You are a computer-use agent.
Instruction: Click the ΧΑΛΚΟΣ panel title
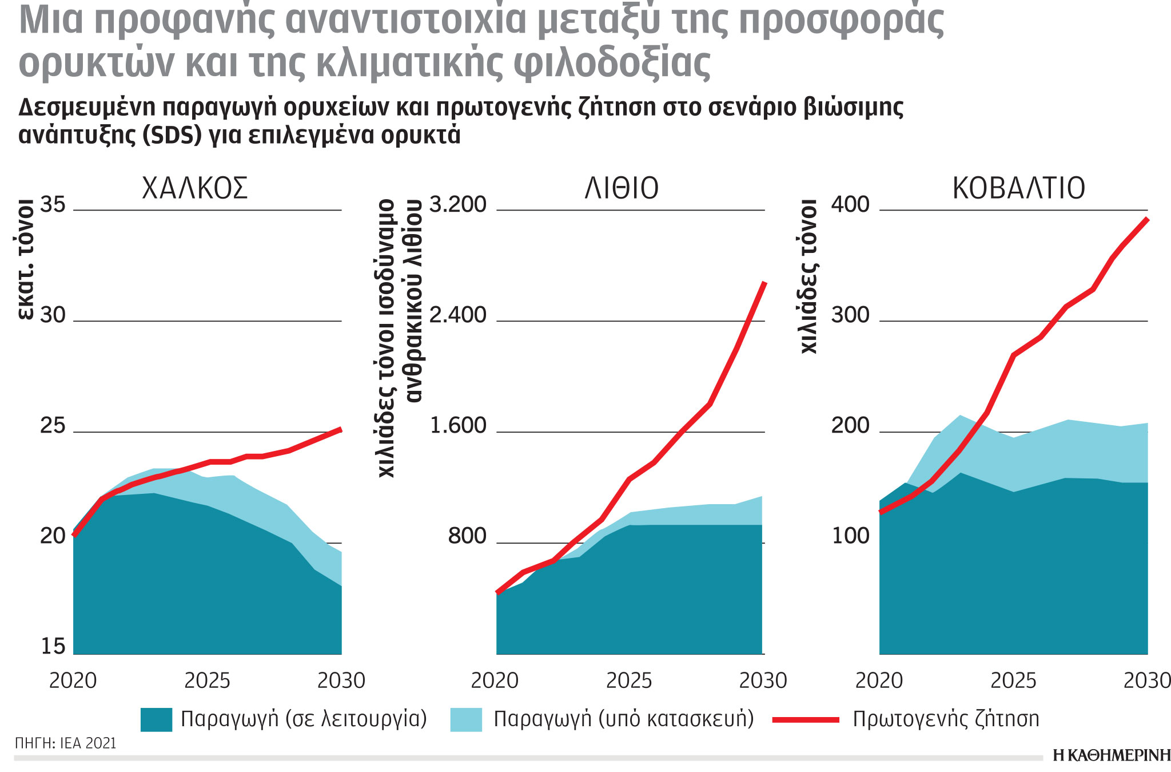click(x=194, y=188)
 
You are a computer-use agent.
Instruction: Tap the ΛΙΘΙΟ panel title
click(x=622, y=188)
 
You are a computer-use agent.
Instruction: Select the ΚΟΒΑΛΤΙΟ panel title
click(x=1018, y=188)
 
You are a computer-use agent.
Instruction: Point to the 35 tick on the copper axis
click(x=53, y=205)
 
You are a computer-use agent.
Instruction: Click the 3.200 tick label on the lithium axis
click(x=457, y=205)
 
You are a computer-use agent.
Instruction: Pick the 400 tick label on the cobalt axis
click(x=850, y=205)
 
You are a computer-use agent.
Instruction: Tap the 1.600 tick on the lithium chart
click(x=457, y=426)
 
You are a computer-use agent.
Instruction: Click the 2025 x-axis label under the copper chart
click(x=207, y=681)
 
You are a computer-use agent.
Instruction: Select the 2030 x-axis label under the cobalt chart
click(x=1146, y=681)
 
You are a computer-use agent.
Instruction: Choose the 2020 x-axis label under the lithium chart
click(x=495, y=681)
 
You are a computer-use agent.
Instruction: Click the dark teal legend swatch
click(x=156, y=719)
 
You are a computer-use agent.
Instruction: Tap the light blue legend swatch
click(x=466, y=719)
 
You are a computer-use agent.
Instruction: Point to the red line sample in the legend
click(x=806, y=720)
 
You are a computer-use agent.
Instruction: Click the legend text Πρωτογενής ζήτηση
click(x=946, y=719)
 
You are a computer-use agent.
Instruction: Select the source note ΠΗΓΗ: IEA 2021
click(x=66, y=743)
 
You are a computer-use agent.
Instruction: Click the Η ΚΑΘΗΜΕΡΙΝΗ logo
click(x=1111, y=756)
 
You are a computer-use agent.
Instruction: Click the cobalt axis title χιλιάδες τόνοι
click(x=808, y=276)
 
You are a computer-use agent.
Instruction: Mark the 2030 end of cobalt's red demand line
click(x=1146, y=219)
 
